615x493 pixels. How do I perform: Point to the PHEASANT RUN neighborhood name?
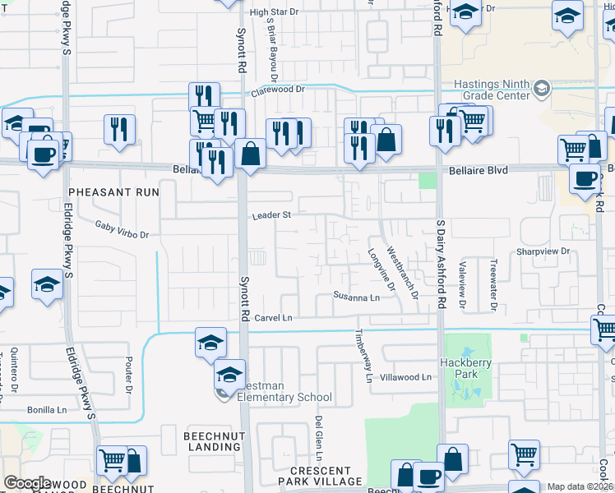[113, 191]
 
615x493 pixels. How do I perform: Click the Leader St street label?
[271, 215]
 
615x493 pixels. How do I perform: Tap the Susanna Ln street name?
[356, 297]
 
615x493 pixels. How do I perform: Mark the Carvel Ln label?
[273, 318]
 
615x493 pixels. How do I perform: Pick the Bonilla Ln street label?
[45, 409]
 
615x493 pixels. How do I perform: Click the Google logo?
[27, 483]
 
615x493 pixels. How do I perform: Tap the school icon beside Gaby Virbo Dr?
[48, 283]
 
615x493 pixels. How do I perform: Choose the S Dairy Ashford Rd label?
[441, 264]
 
